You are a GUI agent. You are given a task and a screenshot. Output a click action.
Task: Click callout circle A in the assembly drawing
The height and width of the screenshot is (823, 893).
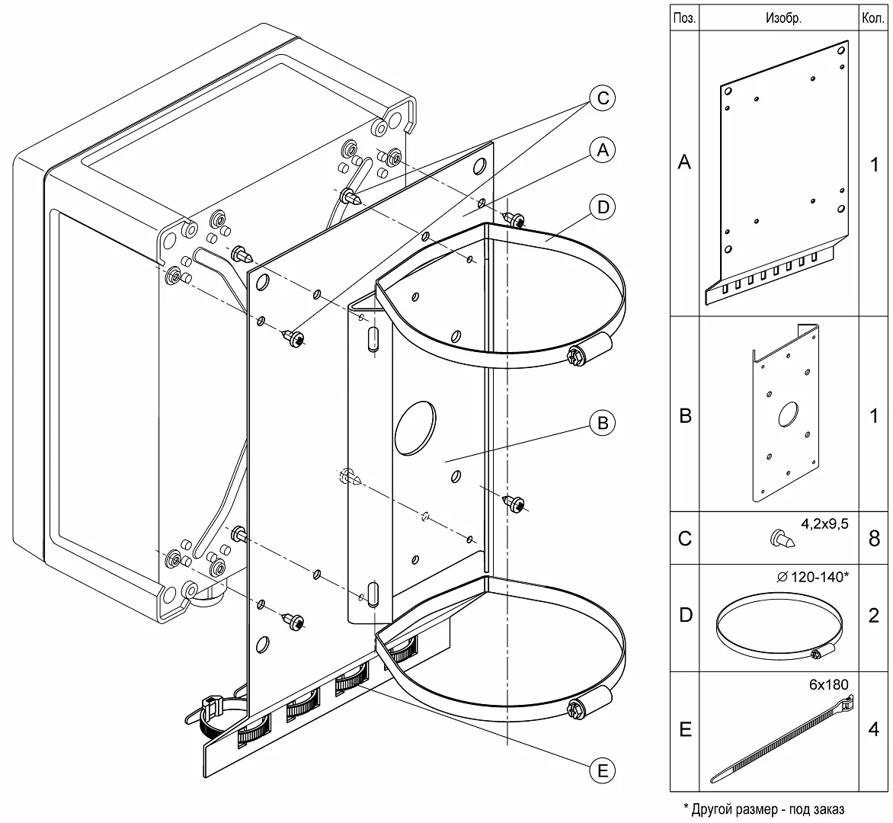click(x=603, y=151)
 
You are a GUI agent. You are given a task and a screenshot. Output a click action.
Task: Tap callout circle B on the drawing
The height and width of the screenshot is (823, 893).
click(x=603, y=423)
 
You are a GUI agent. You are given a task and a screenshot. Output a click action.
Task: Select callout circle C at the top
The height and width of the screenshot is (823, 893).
click(x=603, y=98)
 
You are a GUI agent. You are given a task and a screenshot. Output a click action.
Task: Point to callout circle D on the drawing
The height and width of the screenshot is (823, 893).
click(x=603, y=207)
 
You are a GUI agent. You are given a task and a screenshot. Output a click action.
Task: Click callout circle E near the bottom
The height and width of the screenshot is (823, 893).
click(x=603, y=771)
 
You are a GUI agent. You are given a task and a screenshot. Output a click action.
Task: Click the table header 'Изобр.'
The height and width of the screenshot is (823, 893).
click(x=783, y=19)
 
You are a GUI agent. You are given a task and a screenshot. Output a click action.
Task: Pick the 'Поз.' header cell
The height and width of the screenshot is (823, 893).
click(x=684, y=19)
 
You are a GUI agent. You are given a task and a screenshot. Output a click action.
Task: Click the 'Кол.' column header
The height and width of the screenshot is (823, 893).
click(x=872, y=19)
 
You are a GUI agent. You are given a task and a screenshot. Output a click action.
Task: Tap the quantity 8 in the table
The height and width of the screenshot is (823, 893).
click(x=874, y=538)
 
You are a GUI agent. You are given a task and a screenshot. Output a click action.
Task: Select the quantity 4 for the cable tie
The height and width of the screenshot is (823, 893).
click(x=874, y=729)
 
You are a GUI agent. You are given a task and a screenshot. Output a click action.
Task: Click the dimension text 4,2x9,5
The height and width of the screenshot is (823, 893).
click(x=824, y=524)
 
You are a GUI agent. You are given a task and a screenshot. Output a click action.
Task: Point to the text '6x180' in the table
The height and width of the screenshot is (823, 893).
click(x=828, y=684)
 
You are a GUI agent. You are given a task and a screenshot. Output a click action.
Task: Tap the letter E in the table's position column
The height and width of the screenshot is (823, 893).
click(x=685, y=730)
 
